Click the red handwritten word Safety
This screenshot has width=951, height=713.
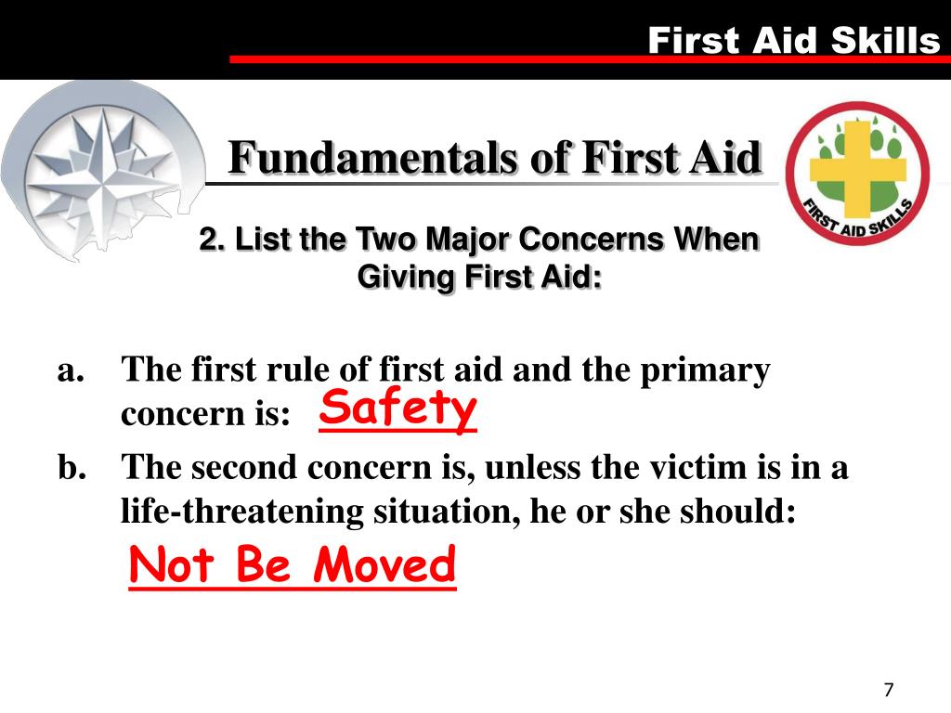coord(397,408)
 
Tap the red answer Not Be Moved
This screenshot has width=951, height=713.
coord(293,566)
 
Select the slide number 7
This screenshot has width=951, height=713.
coord(889,690)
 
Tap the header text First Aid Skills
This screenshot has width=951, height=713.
coord(793,40)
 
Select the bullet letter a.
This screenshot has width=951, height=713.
coord(72,370)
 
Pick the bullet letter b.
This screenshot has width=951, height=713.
coord(72,467)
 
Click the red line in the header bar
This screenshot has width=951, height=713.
coord(585,59)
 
